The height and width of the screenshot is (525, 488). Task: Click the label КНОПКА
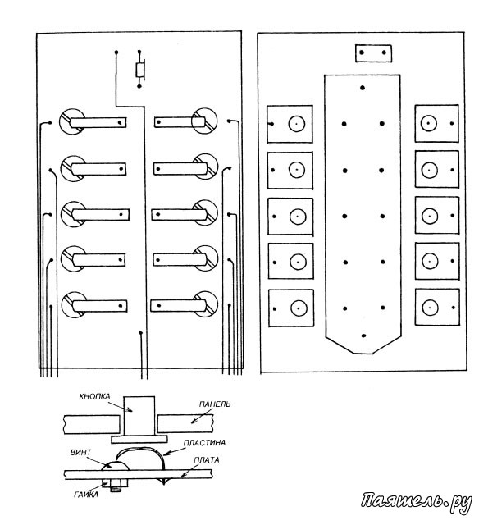point(94,396)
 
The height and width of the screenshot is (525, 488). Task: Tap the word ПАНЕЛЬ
point(215,404)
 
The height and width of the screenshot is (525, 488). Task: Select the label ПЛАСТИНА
point(204,443)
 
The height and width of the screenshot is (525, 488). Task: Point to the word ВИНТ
point(80,452)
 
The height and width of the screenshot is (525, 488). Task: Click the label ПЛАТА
point(207,460)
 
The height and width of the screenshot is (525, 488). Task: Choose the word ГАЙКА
point(86,495)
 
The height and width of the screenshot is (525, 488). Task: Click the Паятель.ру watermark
point(416,501)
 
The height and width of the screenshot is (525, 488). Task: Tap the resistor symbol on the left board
point(140,70)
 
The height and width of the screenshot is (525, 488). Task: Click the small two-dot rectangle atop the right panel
point(373,52)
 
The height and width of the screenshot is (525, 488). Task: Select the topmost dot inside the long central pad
point(363,88)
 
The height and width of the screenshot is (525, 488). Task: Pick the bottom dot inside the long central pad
point(363,336)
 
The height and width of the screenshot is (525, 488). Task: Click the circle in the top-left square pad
point(297,124)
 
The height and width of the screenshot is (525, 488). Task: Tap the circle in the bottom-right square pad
point(430,307)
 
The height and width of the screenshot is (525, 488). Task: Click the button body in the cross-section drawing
point(139,416)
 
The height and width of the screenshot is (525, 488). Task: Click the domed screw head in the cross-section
point(115,465)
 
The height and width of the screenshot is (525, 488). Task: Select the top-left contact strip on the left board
point(98,122)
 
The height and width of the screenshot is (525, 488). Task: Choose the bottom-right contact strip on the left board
point(178,305)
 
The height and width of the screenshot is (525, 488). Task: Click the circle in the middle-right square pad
point(430,217)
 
